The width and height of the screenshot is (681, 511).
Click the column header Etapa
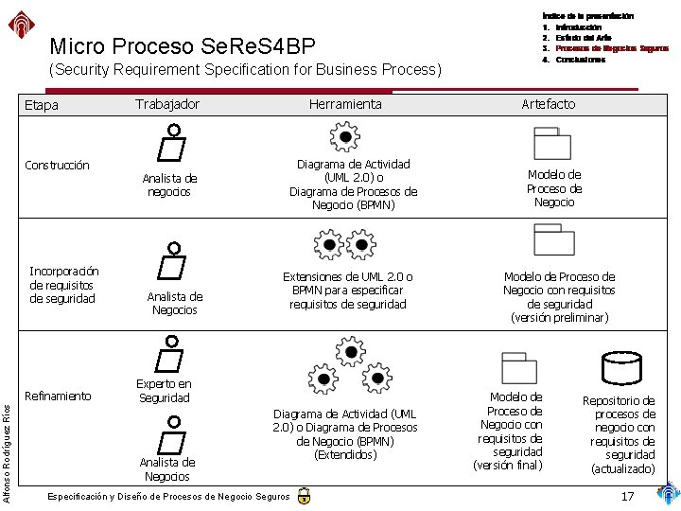pyautogui.click(x=41, y=105)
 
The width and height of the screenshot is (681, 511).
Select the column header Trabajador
pyautogui.click(x=166, y=103)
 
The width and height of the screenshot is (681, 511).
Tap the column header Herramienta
pyautogui.click(x=345, y=104)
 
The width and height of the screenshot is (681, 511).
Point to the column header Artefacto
pyautogui.click(x=548, y=103)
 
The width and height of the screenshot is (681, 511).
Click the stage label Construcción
pyautogui.click(x=57, y=165)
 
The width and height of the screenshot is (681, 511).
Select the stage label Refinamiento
pyautogui.click(x=58, y=396)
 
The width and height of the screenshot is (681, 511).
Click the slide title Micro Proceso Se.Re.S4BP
pyautogui.click(x=182, y=45)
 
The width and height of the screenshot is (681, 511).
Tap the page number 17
pyautogui.click(x=627, y=497)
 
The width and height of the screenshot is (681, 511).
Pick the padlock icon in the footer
pyautogui.click(x=303, y=496)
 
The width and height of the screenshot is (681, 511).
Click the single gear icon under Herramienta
pyautogui.click(x=345, y=137)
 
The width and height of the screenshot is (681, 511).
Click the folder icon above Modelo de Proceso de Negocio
pyautogui.click(x=552, y=144)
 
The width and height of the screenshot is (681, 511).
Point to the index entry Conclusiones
pyautogui.click(x=580, y=60)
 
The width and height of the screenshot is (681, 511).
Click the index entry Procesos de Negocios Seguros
pyautogui.click(x=611, y=48)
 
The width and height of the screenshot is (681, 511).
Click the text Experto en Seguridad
pyautogui.click(x=164, y=391)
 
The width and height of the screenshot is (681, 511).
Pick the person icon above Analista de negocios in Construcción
pyautogui.click(x=170, y=143)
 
